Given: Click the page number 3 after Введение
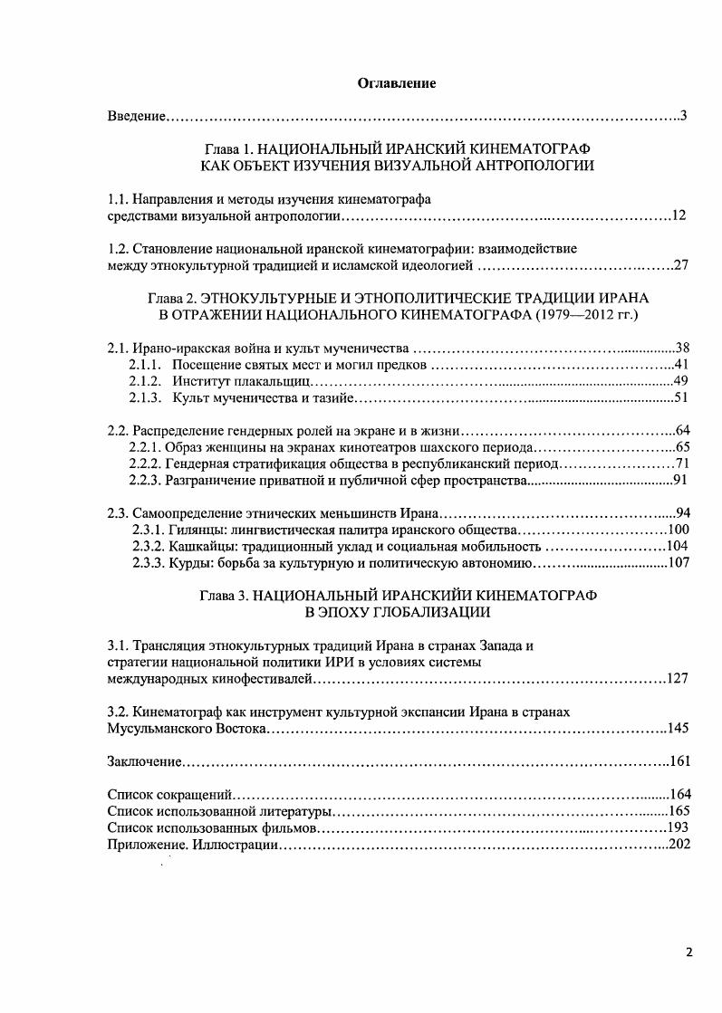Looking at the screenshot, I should [x=685, y=116].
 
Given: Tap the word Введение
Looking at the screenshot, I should [x=135, y=116].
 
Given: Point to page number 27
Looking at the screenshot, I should [x=682, y=265].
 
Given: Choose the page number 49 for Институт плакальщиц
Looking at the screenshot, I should [x=682, y=381].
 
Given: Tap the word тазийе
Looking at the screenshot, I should [x=333, y=397].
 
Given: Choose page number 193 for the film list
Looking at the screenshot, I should [x=679, y=827].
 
